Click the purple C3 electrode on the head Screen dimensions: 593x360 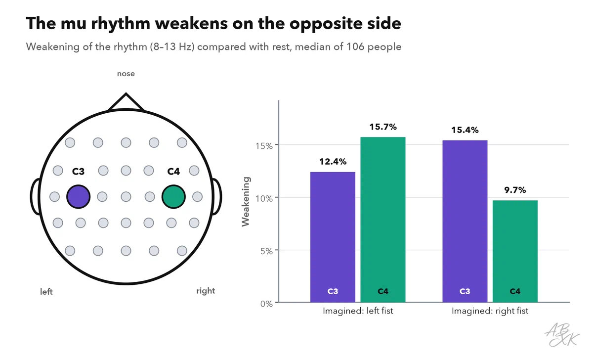pyautogui.click(x=79, y=196)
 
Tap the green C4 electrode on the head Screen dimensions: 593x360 pyautogui.click(x=173, y=196)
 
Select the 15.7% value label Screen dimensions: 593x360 pyautogui.click(x=383, y=127)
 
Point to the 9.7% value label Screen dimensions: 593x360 pyautogui.click(x=515, y=190)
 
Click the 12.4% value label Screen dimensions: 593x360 pyautogui.click(x=333, y=162)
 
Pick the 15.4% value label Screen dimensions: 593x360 pyautogui.click(x=465, y=130)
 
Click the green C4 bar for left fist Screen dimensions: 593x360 pyautogui.click(x=383, y=220)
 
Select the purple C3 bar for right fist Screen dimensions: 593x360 pyautogui.click(x=465, y=221)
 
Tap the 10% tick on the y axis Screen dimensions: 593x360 pyautogui.click(x=264, y=198)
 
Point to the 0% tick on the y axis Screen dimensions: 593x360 pyautogui.click(x=266, y=304)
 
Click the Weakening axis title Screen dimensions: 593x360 pyautogui.click(x=246, y=202)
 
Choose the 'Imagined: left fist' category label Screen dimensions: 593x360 pyautogui.click(x=358, y=311)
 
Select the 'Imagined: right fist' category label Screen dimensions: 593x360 pyautogui.click(x=490, y=311)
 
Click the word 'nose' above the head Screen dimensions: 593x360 pyautogui.click(x=126, y=74)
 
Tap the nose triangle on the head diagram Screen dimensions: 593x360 pyautogui.click(x=126, y=101)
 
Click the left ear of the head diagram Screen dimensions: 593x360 pyautogui.click(x=35, y=196)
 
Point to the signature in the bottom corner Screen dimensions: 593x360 pyautogui.click(x=562, y=335)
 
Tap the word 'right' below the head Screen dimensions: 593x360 pyautogui.click(x=206, y=291)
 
